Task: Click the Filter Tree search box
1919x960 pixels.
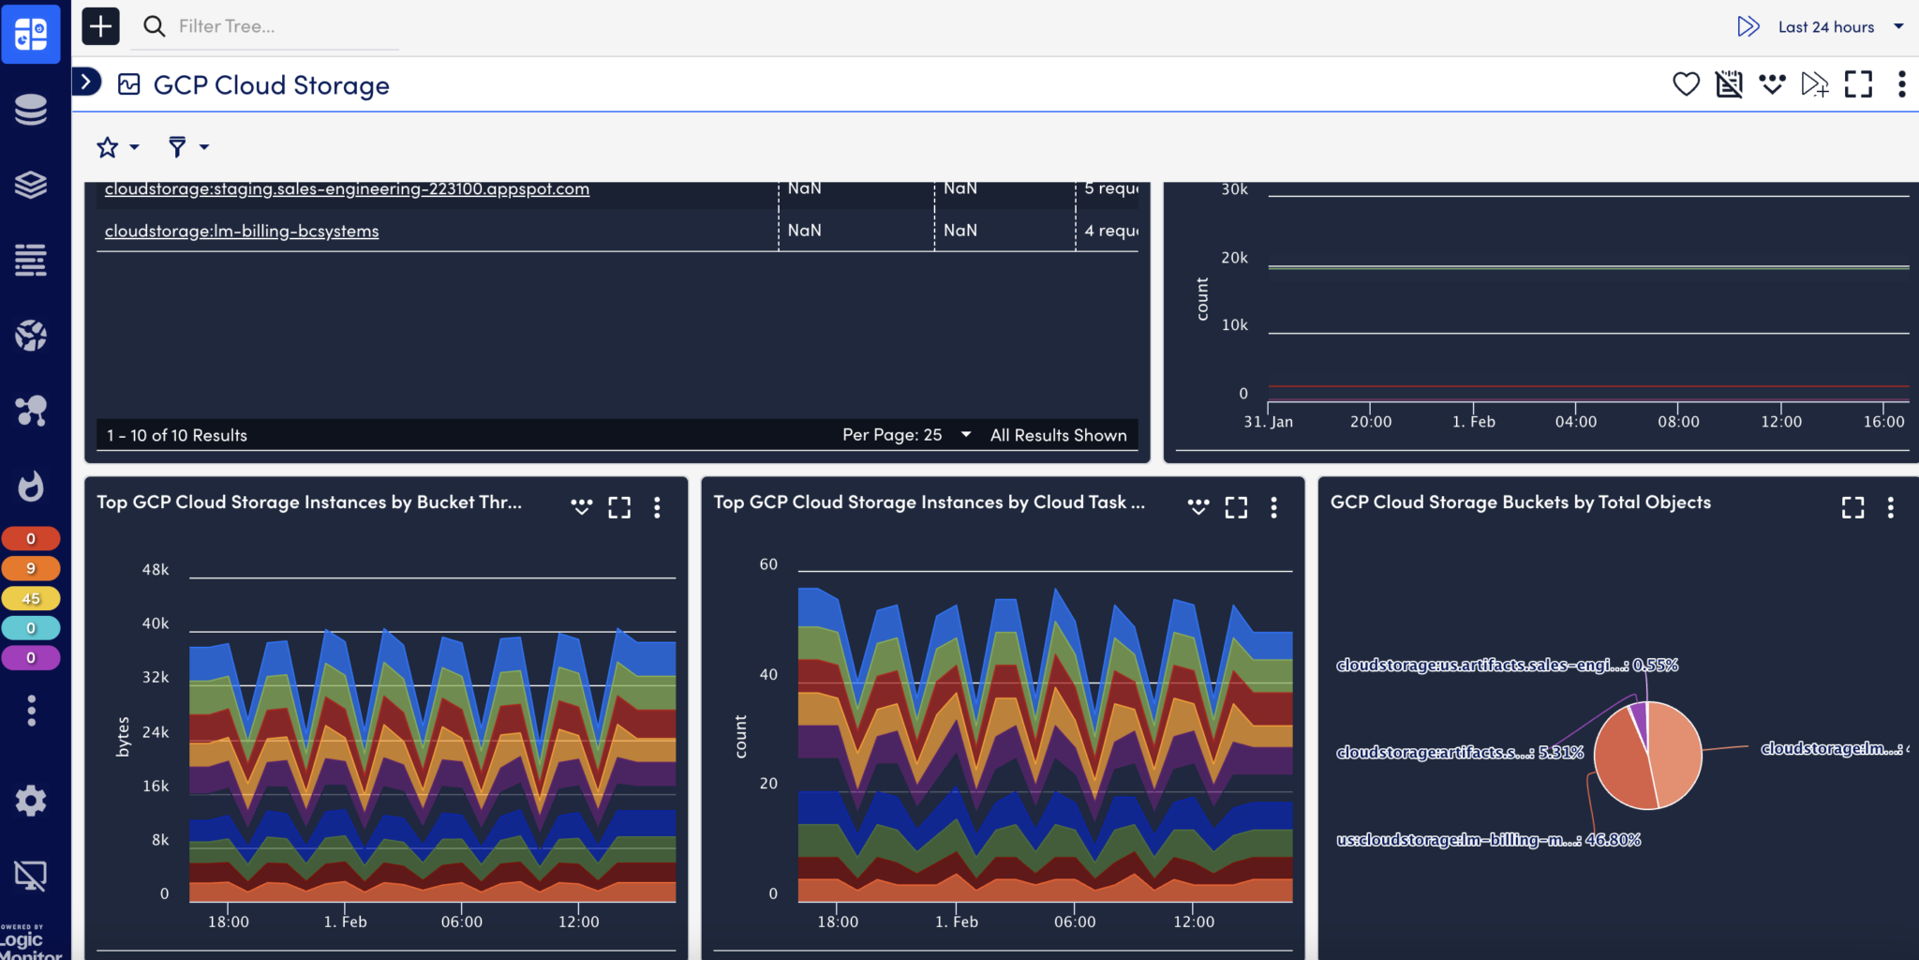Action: coord(272,26)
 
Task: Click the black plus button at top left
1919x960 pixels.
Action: coord(100,26)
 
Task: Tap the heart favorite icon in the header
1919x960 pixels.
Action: coord(1686,84)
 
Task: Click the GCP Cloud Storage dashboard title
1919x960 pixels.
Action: coord(271,85)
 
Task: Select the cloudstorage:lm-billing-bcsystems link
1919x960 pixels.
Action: coord(242,231)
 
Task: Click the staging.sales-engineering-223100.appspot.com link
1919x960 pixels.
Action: coord(347,188)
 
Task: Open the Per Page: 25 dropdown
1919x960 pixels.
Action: coord(905,435)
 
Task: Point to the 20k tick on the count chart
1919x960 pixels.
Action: coord(1234,258)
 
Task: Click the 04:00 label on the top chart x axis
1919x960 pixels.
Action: coord(1575,422)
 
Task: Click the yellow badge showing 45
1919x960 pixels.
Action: coord(31,598)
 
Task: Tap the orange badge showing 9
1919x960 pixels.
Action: coord(31,568)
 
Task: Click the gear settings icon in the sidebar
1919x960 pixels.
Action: coord(31,801)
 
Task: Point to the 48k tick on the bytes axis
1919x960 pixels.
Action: coord(156,570)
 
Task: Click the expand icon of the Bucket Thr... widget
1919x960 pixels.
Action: coord(619,507)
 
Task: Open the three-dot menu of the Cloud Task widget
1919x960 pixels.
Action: coord(1273,507)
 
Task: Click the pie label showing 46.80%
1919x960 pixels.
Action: coord(1488,840)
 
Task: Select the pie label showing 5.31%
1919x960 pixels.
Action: coord(1459,753)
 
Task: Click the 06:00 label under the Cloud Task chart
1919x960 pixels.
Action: coord(1074,922)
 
